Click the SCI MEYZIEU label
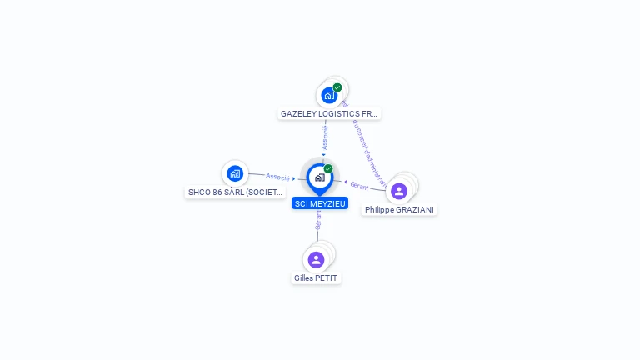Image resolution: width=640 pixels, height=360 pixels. point(320,203)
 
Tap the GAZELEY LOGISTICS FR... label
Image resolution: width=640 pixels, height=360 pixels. point(330,113)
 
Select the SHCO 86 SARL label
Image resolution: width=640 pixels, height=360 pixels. point(235,192)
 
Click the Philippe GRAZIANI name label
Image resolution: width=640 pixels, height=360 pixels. point(399,210)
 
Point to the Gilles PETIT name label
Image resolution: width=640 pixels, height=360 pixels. point(317,278)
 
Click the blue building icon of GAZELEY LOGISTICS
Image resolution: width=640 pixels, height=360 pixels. point(329,96)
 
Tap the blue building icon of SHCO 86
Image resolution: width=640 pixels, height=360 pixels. point(235,173)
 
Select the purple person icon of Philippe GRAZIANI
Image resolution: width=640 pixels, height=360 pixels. point(399,191)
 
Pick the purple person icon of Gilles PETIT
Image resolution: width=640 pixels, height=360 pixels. point(316,259)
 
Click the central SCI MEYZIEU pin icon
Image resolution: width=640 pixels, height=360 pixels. point(319,177)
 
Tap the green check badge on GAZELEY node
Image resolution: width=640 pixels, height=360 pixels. point(337,87)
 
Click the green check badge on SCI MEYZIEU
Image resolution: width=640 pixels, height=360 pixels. point(328,168)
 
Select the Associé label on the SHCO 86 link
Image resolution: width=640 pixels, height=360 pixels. point(277,177)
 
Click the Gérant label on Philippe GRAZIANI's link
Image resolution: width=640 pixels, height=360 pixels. point(360,186)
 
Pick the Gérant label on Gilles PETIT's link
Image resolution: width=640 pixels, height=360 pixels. point(317,220)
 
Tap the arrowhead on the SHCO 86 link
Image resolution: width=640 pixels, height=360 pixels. point(294,178)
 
